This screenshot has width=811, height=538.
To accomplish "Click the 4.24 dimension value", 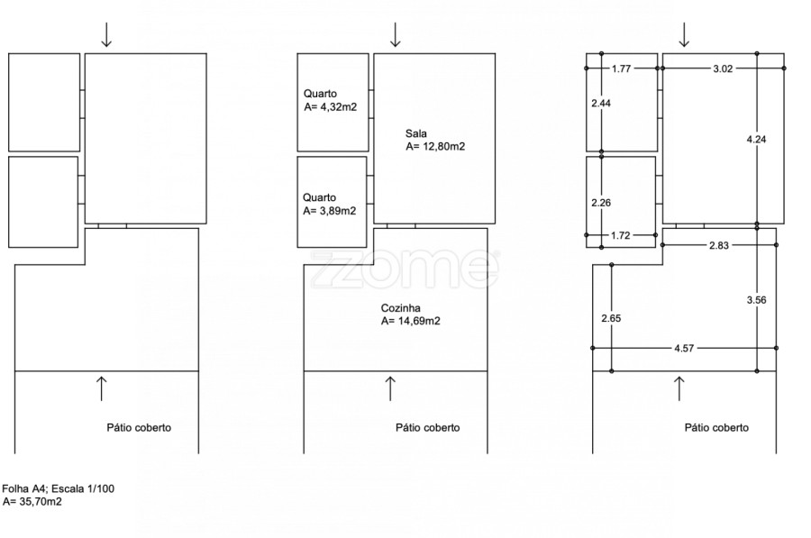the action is click(x=756, y=139).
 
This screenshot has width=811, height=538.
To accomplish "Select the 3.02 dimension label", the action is click(x=723, y=68).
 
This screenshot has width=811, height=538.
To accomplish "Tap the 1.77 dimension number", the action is click(x=621, y=68).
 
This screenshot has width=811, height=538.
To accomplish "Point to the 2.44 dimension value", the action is click(x=601, y=104).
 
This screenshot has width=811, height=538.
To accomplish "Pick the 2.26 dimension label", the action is click(x=601, y=203).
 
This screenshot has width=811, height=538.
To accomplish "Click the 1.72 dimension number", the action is click(x=620, y=236).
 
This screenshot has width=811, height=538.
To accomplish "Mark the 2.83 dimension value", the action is click(x=719, y=245).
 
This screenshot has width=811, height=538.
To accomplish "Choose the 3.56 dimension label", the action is click(x=756, y=300).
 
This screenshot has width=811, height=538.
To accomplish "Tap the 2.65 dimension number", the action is click(x=611, y=318).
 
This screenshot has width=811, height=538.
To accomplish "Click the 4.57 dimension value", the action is click(x=684, y=349).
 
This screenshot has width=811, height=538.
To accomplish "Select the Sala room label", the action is click(x=416, y=133).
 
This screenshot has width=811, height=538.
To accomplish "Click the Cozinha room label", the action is click(x=401, y=308).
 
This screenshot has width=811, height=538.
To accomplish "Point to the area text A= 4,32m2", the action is click(x=331, y=107).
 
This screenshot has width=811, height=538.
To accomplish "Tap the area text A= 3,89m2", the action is click(x=330, y=211).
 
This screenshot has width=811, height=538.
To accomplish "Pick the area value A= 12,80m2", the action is click(x=435, y=146).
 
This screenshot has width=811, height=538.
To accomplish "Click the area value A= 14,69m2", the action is click(x=411, y=321).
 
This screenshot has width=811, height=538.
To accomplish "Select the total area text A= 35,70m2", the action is click(x=32, y=501).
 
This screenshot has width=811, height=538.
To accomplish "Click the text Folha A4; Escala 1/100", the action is click(x=58, y=488).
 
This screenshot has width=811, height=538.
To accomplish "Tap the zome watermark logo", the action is click(x=405, y=269).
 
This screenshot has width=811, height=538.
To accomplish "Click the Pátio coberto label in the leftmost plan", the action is click(x=139, y=428).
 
